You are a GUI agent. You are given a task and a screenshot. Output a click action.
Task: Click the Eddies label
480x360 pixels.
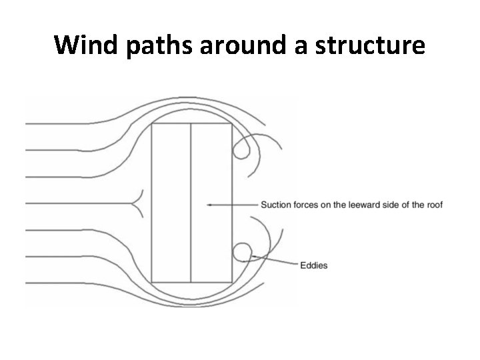[313, 265]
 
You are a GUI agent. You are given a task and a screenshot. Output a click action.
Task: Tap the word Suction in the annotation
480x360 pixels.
[275, 205]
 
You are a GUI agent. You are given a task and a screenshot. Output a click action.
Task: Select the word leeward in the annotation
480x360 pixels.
[364, 205]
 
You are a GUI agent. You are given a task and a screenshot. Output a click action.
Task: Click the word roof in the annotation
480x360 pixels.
[434, 205]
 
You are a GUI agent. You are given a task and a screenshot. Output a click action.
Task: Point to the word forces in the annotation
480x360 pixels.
[307, 205]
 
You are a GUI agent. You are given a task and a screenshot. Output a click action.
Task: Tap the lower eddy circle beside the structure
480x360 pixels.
[242, 252]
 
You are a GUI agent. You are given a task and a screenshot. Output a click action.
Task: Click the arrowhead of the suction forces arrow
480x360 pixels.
[209, 205]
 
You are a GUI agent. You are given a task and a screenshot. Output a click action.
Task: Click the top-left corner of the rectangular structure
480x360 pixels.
[152, 124]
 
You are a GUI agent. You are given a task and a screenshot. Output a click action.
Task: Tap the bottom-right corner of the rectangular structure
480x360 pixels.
[231, 282]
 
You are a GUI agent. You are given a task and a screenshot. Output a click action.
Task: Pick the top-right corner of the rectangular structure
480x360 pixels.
[231, 124]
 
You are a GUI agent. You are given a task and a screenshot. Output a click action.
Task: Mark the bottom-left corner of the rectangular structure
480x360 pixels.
[152, 282]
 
